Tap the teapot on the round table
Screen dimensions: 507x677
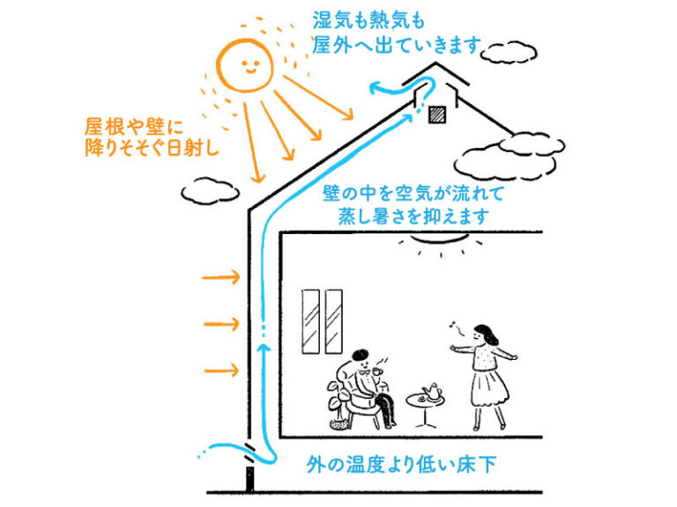pos(432,391)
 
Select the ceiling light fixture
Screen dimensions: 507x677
pos(439,239)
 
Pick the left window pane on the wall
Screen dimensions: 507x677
pos(310,320)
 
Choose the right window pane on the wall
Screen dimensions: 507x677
pos(333,320)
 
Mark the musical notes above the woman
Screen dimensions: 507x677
pos(455,327)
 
